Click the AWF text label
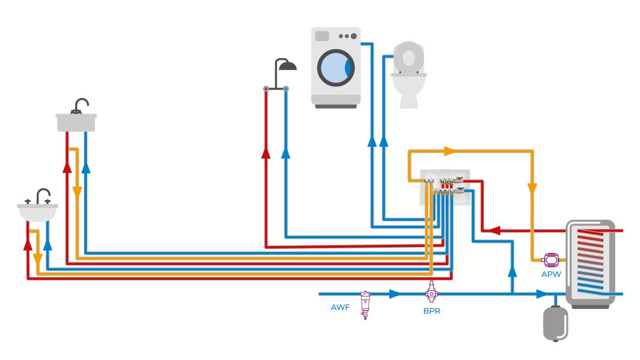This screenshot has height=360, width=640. coord(340,308)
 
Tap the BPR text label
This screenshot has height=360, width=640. coord(431,311)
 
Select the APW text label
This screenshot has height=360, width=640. coord(550,275)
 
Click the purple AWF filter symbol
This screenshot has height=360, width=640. coord(365,305)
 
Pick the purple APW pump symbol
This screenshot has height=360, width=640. coord(550,260)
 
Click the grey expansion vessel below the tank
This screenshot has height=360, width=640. coord(554,322)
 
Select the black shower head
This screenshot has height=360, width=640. coord(289,66)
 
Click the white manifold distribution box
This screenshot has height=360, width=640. coord(444,189)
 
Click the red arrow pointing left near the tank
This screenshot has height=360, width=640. coord(494,231)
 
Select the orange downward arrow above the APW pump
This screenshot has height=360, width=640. coord(532,189)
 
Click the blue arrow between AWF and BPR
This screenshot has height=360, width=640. coord(395,294)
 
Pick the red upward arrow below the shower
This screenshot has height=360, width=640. coord(265,154)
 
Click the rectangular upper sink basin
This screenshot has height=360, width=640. coord(76,122)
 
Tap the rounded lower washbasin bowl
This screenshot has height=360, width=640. coord(37,213)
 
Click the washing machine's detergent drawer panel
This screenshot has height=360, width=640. coord(322,36)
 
